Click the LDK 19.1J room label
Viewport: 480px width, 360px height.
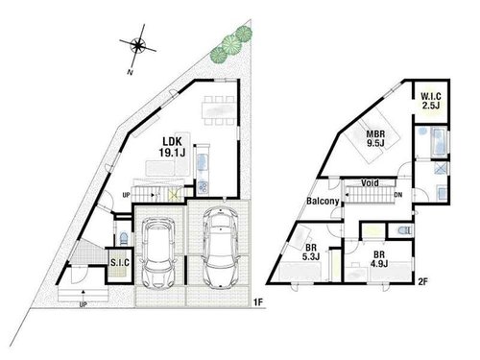(x=172, y=147)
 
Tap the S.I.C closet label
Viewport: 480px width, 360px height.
(x=120, y=263)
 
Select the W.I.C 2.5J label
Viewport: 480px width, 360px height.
(x=431, y=101)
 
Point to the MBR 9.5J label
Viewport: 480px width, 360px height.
(x=375, y=138)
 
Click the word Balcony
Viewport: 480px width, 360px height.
(x=323, y=202)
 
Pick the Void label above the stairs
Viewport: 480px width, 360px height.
(x=370, y=183)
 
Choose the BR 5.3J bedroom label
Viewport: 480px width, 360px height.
(x=311, y=252)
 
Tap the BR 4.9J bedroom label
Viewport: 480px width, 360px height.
(x=379, y=259)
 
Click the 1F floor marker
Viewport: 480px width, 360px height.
(x=258, y=301)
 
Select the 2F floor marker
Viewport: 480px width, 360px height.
(x=423, y=281)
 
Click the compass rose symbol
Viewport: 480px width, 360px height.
(x=138, y=45)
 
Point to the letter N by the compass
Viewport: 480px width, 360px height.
(x=130, y=72)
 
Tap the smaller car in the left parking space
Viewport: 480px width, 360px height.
(x=158, y=252)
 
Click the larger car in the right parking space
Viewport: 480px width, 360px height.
(x=220, y=247)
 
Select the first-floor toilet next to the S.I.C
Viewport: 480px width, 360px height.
(x=124, y=238)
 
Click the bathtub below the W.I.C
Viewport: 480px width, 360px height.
(x=439, y=142)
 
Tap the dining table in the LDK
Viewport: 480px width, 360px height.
(x=219, y=110)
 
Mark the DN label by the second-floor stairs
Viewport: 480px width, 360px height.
(x=398, y=194)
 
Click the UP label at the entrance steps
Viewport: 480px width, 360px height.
(x=84, y=304)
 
